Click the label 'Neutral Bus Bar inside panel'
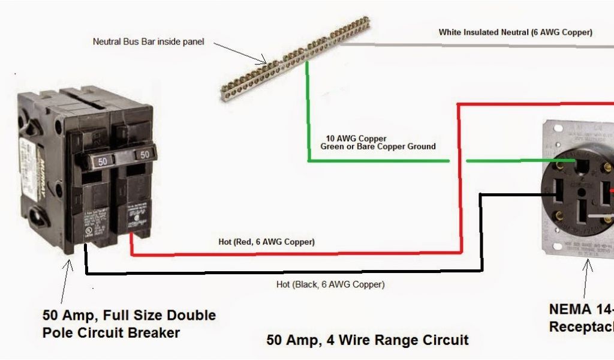148,42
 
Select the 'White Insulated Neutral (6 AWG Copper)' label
515,32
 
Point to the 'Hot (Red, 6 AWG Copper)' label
266,242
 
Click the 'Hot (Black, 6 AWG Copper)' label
330,284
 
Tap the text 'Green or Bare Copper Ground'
378,146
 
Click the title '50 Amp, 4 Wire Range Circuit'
367,340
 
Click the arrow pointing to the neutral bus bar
240,53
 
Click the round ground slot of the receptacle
581,163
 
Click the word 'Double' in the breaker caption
191,316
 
